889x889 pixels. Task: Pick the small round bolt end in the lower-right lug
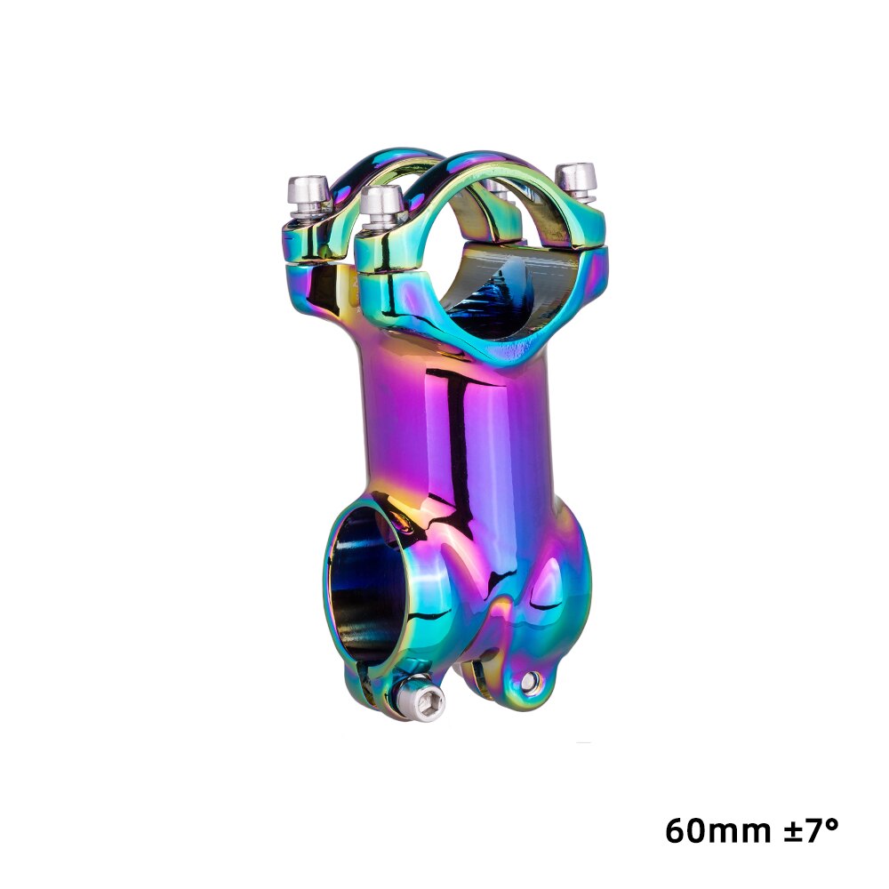point(531,681)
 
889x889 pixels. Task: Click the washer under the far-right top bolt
point(579,197)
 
